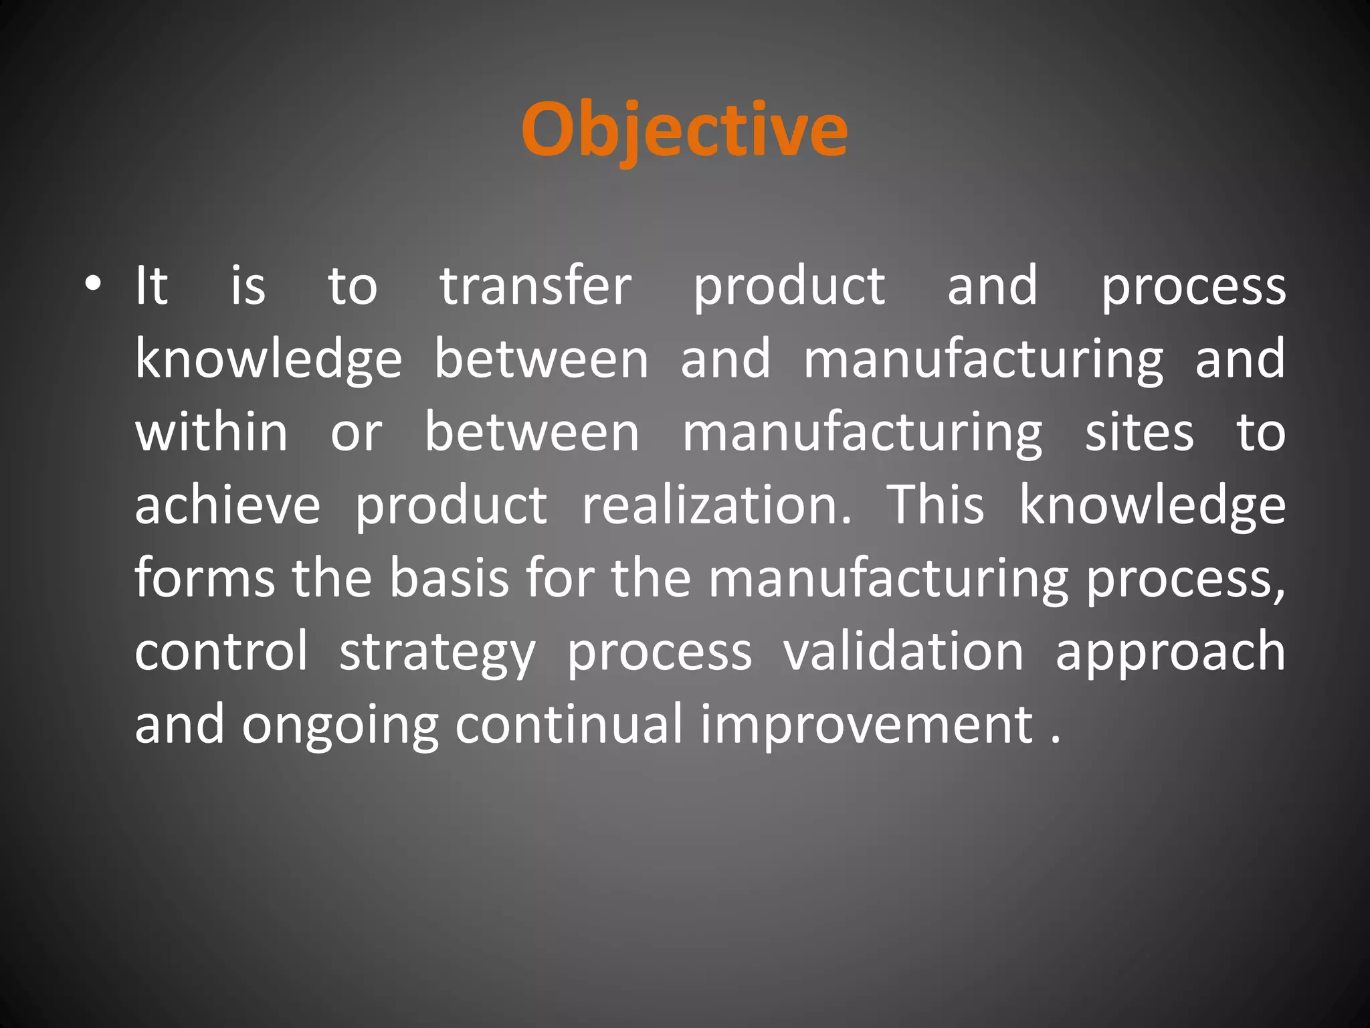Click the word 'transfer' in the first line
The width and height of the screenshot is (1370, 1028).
point(535,286)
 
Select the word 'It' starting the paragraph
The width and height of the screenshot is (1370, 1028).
point(151,286)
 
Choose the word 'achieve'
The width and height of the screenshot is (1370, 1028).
point(227,505)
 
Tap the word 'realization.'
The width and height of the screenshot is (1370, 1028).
point(716,505)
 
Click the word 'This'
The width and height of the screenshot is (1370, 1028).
point(935,505)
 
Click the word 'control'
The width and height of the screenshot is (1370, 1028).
point(221,651)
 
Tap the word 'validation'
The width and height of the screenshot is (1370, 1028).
point(903,651)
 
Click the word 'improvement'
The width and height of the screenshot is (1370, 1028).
point(866,725)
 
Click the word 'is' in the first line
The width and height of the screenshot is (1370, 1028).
point(248,286)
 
